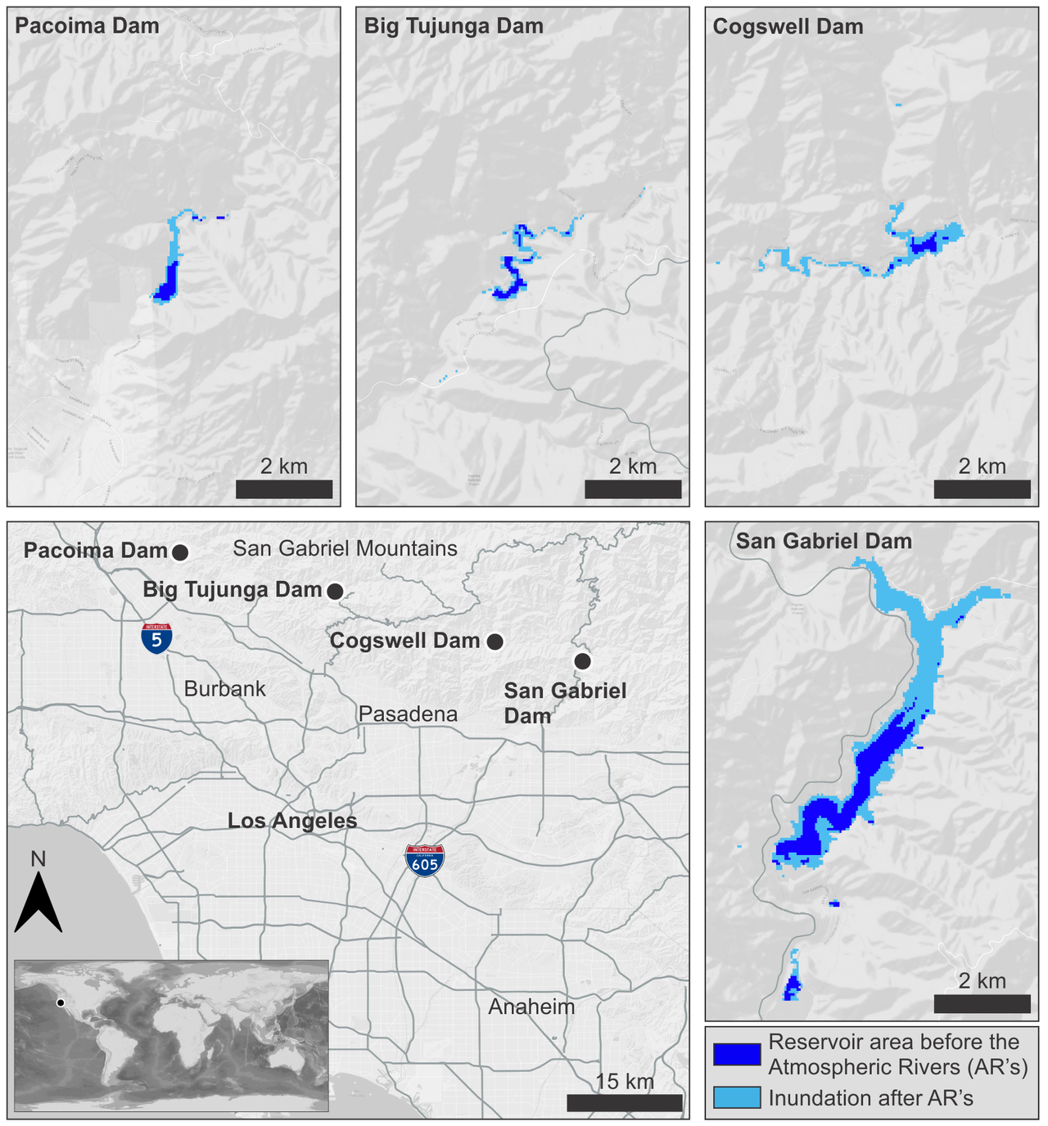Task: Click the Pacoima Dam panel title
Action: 87,26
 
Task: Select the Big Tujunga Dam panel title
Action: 454,26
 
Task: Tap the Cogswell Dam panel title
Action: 788,27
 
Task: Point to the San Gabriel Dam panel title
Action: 824,541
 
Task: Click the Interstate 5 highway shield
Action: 156,637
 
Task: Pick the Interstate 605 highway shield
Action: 425,861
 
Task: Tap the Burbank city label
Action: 225,688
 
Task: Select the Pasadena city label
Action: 408,714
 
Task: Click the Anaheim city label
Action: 531,1007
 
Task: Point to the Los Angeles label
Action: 292,820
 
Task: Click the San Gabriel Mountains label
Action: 345,548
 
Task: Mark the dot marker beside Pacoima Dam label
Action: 179,552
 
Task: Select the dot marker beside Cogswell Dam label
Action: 495,642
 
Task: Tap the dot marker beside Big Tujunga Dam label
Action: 335,591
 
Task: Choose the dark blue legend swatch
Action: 736,1054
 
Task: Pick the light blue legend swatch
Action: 736,1097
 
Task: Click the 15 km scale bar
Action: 624,1102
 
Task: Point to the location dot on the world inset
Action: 61,1002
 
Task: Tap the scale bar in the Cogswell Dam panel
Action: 982,489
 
